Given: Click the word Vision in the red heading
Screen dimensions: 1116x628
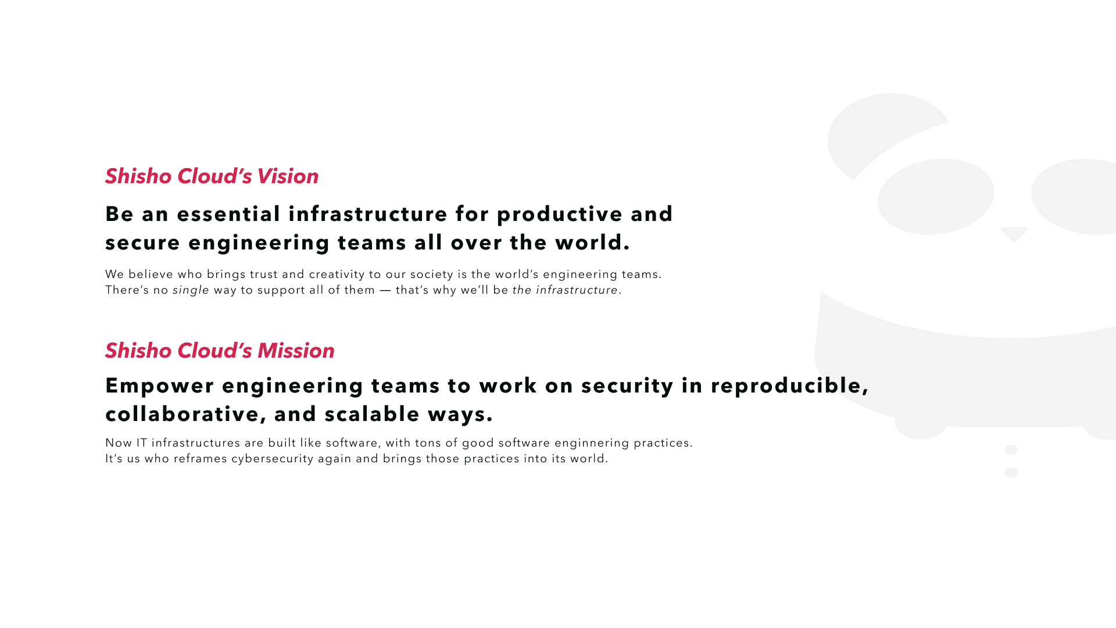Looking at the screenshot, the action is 288,176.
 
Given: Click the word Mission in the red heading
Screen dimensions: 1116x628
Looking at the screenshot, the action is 296,351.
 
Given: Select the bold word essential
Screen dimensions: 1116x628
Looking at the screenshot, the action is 229,214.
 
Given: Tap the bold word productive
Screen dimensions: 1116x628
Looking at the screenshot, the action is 560,215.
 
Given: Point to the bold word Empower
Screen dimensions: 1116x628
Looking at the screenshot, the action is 160,386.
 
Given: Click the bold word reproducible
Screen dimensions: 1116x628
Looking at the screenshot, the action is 789,386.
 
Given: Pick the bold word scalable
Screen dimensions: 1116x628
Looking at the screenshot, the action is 372,414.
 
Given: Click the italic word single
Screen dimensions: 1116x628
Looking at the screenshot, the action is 191,290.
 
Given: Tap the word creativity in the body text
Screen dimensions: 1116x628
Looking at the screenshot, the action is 337,274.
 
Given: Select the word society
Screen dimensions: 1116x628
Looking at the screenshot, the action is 432,274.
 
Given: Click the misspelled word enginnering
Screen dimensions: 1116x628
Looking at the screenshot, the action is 592,443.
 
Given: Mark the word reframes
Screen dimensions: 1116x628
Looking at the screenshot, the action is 201,459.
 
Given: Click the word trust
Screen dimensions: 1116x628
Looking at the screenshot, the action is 264,274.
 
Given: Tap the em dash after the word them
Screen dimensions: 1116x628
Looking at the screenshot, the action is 385,290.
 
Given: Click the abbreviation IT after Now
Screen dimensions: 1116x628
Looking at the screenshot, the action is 142,443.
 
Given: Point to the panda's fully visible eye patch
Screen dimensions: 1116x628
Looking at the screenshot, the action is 936,197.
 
